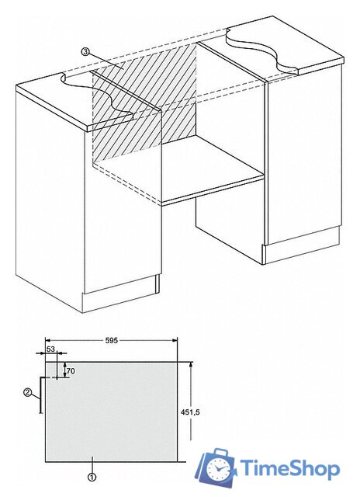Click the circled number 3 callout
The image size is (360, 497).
click(85, 51)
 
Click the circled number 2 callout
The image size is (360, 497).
click(28, 392)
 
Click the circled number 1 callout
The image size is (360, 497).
click(92, 477)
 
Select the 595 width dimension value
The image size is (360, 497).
click(111, 340)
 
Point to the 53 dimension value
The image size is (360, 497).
click(50, 349)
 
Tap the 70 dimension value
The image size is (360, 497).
click(71, 370)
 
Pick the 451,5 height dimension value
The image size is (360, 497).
click(190, 412)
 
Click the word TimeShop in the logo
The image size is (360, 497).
click(289, 468)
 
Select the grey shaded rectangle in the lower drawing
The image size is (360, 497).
click(111, 412)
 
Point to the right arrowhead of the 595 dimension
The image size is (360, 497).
click(174, 340)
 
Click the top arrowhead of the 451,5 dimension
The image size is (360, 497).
click(191, 366)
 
